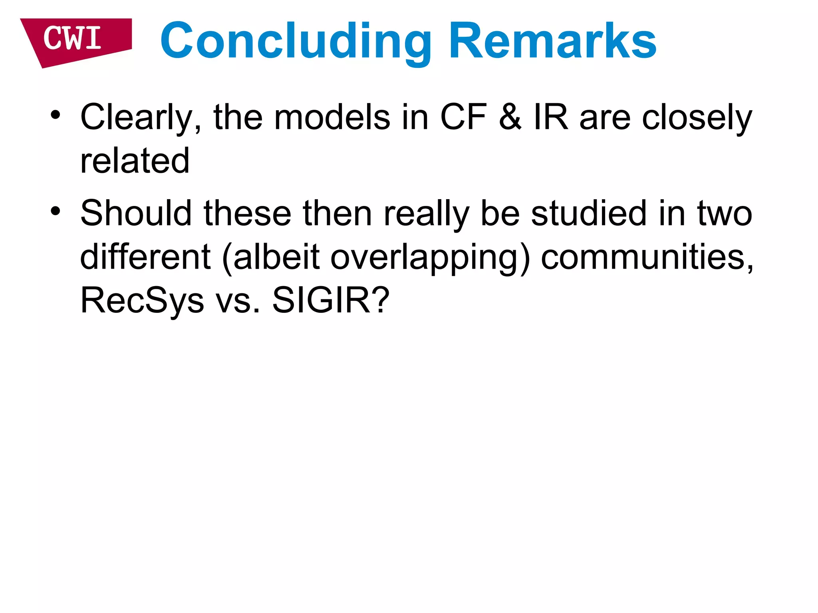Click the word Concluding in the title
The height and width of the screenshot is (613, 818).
pos(296,41)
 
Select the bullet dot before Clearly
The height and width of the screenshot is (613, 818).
pos(56,115)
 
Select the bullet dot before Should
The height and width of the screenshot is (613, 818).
pos(56,211)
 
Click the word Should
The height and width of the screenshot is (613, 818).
pos(136,213)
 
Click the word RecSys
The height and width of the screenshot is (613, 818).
pos(142,301)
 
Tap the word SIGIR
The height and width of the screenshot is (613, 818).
pos(324,300)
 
